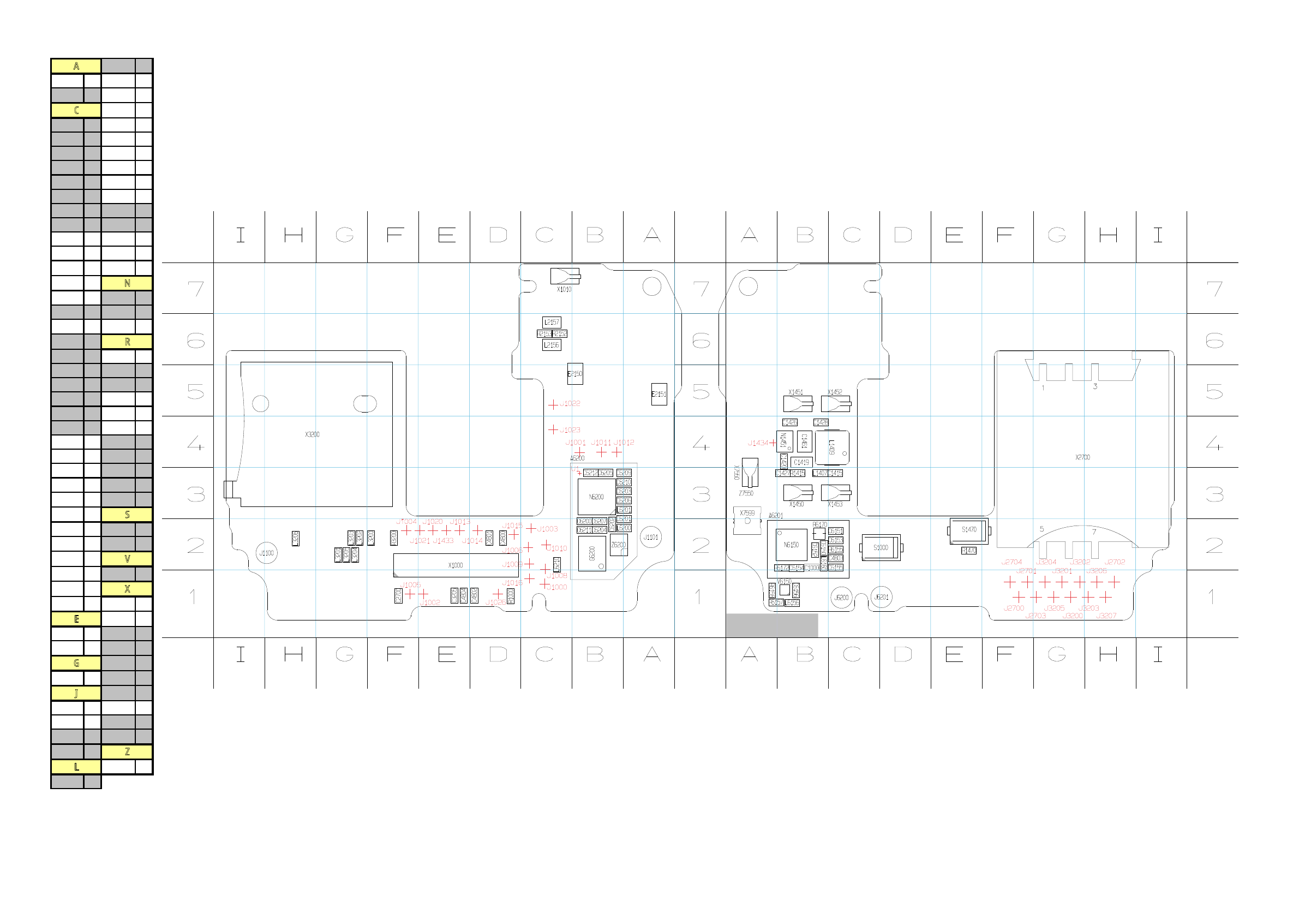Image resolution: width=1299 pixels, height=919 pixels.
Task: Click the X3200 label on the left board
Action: [x=312, y=434]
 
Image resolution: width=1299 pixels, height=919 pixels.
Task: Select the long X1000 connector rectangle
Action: [x=456, y=565]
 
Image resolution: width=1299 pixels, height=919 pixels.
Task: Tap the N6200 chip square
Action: [x=596, y=497]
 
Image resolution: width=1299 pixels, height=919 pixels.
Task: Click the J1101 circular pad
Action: [x=651, y=537]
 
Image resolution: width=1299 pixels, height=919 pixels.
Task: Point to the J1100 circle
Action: [x=266, y=553]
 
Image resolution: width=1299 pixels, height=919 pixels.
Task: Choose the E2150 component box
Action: [x=575, y=374]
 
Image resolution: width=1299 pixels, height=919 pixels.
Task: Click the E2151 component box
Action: [x=659, y=394]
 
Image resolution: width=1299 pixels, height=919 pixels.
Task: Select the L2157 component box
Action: [x=552, y=322]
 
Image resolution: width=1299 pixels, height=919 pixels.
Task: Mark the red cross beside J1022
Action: [x=553, y=404]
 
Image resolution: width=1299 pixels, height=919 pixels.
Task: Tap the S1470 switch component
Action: [x=968, y=530]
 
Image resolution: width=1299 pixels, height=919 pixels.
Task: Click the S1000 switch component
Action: [x=881, y=548]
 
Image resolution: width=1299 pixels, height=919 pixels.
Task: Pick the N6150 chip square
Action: [x=791, y=545]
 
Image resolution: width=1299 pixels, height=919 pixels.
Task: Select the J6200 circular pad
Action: [x=842, y=598]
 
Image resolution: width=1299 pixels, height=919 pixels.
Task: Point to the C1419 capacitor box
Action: [x=801, y=462]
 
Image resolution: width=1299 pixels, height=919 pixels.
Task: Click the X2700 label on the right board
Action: [x=1082, y=457]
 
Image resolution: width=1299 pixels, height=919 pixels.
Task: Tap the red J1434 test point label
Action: [x=758, y=443]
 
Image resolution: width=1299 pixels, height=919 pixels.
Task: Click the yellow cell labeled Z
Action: [x=127, y=752]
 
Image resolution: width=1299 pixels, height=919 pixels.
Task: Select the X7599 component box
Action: [x=747, y=521]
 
